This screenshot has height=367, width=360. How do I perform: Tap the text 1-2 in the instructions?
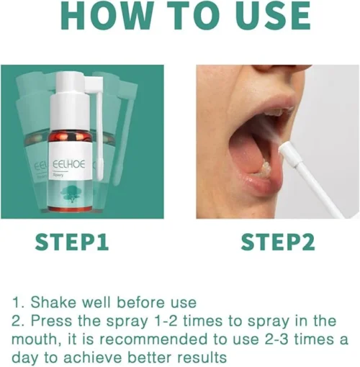(x=167, y=321)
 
